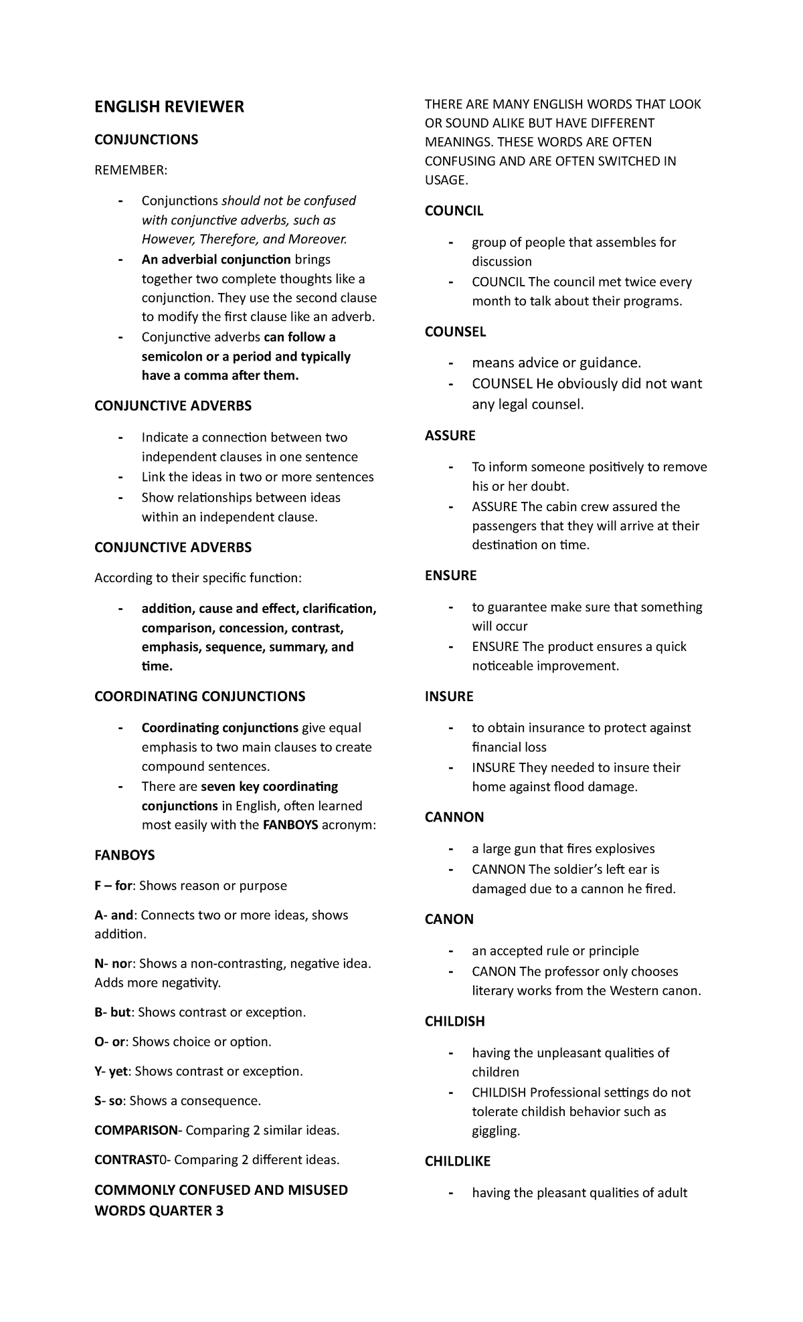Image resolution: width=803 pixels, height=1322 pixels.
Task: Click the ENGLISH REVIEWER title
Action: pos(169,107)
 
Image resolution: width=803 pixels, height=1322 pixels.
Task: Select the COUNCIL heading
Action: pos(454,211)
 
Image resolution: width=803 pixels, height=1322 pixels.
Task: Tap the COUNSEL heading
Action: pos(455,332)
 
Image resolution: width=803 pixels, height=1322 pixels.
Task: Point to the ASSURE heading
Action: pos(450,436)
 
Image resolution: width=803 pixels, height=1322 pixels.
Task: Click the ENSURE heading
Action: pos(450,576)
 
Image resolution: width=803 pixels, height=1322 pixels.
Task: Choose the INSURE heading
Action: pos(448,696)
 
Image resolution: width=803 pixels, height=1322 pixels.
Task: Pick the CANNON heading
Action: pos(454,818)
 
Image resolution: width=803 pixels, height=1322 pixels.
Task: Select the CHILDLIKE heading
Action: pos(458,1161)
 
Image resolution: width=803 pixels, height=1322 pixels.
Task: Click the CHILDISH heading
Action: pos(454,1022)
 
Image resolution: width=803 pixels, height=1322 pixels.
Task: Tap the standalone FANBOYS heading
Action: pos(124,856)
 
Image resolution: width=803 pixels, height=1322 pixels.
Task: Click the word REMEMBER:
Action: pos(130,171)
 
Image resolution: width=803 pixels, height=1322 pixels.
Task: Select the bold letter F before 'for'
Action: pos(98,886)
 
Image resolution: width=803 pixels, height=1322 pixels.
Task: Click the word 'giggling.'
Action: pos(496,1131)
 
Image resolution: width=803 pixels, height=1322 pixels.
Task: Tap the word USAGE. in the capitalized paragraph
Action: pos(446,180)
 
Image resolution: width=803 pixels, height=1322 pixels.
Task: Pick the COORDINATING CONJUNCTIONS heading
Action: pos(199,696)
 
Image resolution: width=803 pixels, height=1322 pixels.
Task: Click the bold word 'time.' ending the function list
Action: pos(157,666)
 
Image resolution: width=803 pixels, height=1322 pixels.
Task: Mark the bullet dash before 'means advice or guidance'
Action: pos(453,363)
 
